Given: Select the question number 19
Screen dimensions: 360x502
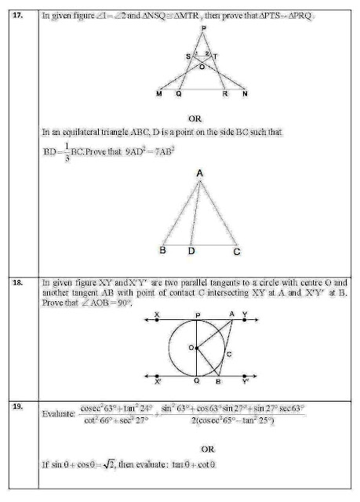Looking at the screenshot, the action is point(24,408).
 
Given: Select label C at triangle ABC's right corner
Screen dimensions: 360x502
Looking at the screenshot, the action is point(235,253).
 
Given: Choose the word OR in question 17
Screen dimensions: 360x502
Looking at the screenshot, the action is point(202,118).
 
